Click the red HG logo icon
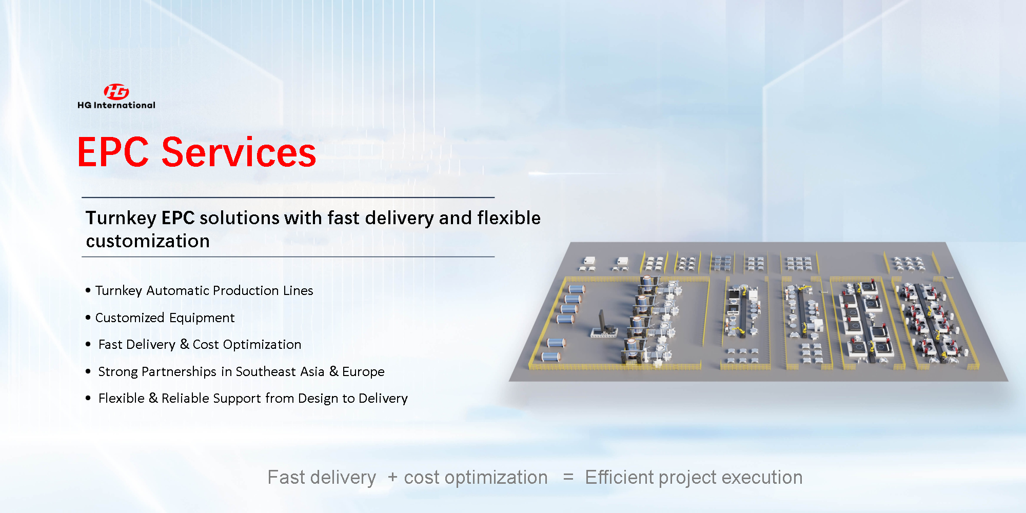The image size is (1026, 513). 116,91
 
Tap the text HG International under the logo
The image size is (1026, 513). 116,105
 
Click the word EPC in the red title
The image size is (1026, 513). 113,152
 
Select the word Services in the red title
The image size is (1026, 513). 239,152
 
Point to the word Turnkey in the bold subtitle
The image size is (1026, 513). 121,219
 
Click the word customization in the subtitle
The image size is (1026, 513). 148,241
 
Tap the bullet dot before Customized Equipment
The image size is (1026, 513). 88,318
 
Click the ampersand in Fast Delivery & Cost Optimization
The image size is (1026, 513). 185,344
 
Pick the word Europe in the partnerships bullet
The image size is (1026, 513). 363,372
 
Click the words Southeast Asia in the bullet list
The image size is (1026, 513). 280,371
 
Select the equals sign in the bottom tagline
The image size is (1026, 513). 568,477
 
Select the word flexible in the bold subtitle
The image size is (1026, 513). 509,218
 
